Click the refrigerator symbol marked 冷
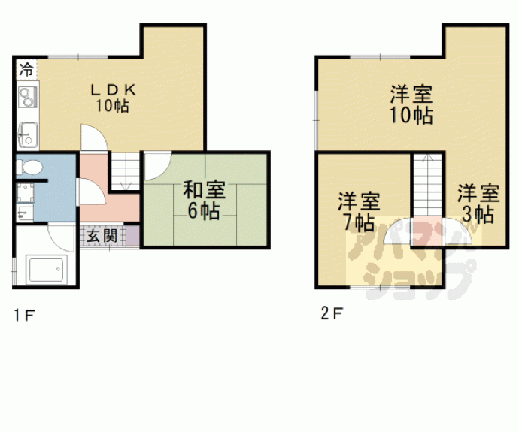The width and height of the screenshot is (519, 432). pyautogui.click(x=26, y=70)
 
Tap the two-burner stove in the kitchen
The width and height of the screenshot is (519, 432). pyautogui.click(x=27, y=97)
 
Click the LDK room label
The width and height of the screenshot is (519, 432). pyautogui.click(x=113, y=90)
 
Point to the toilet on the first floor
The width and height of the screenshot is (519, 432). pyautogui.click(x=29, y=168)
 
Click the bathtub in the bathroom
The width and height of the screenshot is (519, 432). pyautogui.click(x=47, y=270)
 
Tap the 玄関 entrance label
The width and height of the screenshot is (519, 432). pyautogui.click(x=102, y=236)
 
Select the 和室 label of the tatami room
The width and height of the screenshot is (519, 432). pyautogui.click(x=205, y=189)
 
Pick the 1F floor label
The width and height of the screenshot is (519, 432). pyautogui.click(x=24, y=315)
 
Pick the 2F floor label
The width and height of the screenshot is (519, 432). pyautogui.click(x=332, y=313)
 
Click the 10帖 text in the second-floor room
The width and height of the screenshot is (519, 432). pyautogui.click(x=411, y=115)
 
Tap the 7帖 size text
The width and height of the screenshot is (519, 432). pyautogui.click(x=359, y=222)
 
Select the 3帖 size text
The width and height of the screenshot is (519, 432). pyautogui.click(x=478, y=215)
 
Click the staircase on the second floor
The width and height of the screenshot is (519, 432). pyautogui.click(x=428, y=186)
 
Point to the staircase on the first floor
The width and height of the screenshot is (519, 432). pyautogui.click(x=125, y=171)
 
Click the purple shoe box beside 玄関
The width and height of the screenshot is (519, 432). pyautogui.click(x=133, y=236)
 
